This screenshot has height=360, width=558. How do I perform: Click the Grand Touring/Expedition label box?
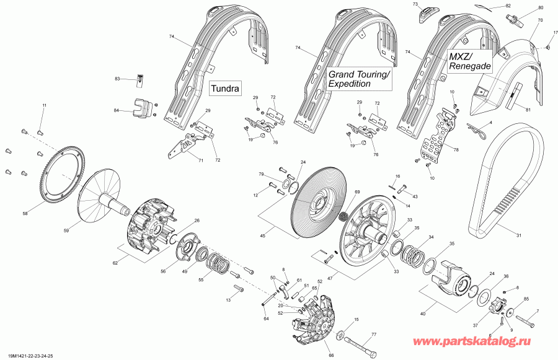[360, 79]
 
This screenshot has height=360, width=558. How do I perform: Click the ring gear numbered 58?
[62, 180]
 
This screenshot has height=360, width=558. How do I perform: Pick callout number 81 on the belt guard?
[528, 110]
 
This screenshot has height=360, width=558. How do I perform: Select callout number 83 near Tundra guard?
[117, 79]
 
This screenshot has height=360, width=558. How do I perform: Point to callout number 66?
[331, 355]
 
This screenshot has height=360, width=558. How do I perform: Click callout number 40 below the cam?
[423, 314]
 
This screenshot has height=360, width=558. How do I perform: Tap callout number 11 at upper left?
[44, 106]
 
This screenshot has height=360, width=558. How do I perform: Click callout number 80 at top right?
[540, 7]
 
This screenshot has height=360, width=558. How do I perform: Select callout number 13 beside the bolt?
[228, 300]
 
